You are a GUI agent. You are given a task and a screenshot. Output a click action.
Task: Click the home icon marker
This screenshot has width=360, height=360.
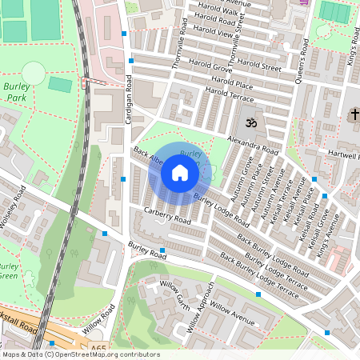coord(180,172)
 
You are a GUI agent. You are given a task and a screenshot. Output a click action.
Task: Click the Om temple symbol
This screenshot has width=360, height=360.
coord(250,123)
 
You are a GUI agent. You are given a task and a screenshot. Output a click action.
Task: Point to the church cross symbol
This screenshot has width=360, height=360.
coord(354,115)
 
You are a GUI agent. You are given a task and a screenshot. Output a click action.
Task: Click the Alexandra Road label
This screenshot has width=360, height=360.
coord(253,143)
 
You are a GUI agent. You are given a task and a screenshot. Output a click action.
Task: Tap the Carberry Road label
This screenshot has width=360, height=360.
coord(167,214)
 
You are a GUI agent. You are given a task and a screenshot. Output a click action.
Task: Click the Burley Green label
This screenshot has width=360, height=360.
coord(8,270)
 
